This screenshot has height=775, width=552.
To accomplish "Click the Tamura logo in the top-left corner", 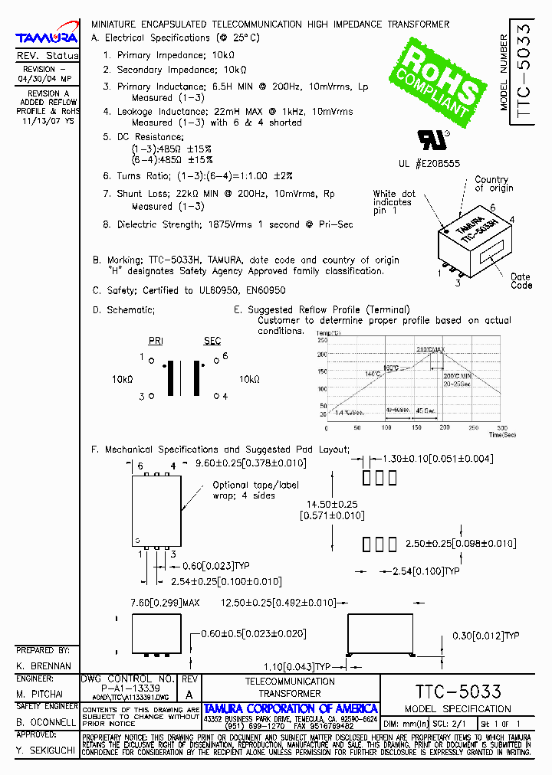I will coord(47,37).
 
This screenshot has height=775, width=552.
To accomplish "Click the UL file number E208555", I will coord(429,163).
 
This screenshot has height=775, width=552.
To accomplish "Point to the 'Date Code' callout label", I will coord(521,281).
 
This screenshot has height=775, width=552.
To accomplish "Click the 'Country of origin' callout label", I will coord(491,184).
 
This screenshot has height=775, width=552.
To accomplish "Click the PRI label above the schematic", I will coord(156,341).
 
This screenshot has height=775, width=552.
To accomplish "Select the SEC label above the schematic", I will coord(212,341).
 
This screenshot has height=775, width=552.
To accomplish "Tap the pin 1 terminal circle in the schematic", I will coord(152,358).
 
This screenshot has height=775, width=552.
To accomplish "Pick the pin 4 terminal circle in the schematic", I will coord(215,396).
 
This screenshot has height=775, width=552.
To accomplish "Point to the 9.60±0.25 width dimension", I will coord(251,463).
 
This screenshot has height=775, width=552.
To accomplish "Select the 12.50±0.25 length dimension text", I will coord(278,603).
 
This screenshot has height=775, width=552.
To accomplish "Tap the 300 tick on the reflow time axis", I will coord(503,427).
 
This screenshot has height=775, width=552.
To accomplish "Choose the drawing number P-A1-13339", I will coord(127,688).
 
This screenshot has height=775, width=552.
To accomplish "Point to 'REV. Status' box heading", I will coord(47,56).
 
